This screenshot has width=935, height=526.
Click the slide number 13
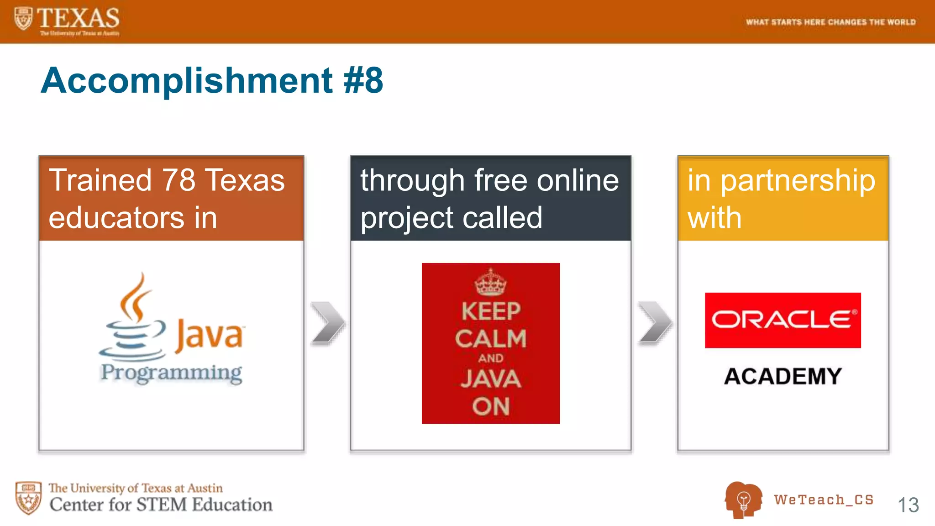pos(908,505)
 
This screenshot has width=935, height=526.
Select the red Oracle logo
pos(783,320)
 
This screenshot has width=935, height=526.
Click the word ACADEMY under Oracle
pos(783,377)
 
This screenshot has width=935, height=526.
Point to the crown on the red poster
pos(490,283)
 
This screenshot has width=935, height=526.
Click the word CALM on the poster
pos(490,339)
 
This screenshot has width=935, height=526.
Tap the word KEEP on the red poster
pos(490,311)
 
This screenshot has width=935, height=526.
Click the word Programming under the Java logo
pos(171,373)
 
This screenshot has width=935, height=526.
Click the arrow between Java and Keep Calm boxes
pos(328,322)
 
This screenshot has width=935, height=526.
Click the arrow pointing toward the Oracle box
pos(655,322)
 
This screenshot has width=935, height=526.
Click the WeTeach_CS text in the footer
pos(824,500)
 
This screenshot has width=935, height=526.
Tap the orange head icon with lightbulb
pos(743,500)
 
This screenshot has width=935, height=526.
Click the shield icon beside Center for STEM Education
pos(28,498)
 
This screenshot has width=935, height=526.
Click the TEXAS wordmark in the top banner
pos(78,18)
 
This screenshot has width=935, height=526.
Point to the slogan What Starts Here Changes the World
pos(830,22)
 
